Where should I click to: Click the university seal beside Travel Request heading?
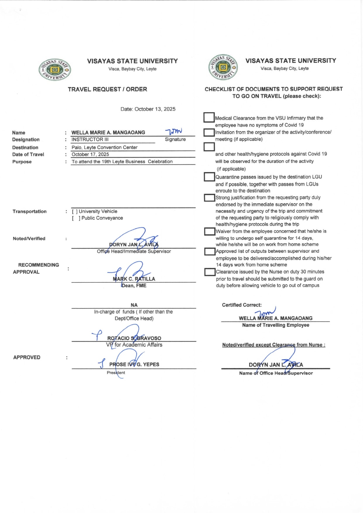(55, 70)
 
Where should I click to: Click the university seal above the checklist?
(223, 67)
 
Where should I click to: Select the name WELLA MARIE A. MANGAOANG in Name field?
(108, 133)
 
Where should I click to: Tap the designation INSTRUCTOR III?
(90, 140)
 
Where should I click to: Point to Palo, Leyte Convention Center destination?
(104, 147)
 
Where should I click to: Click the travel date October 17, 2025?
(90, 155)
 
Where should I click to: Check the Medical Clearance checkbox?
(209, 118)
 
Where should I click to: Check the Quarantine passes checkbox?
(209, 177)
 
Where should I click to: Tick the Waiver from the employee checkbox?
(210, 231)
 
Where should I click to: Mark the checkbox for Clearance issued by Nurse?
(210, 272)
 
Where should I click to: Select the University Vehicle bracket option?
(75, 212)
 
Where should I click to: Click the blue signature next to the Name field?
(174, 131)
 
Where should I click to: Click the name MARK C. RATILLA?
(134, 279)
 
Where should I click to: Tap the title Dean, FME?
(134, 286)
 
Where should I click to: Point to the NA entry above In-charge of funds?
(134, 305)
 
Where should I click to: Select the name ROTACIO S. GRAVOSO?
(134, 338)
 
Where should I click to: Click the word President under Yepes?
(116, 373)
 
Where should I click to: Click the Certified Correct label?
(242, 305)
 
